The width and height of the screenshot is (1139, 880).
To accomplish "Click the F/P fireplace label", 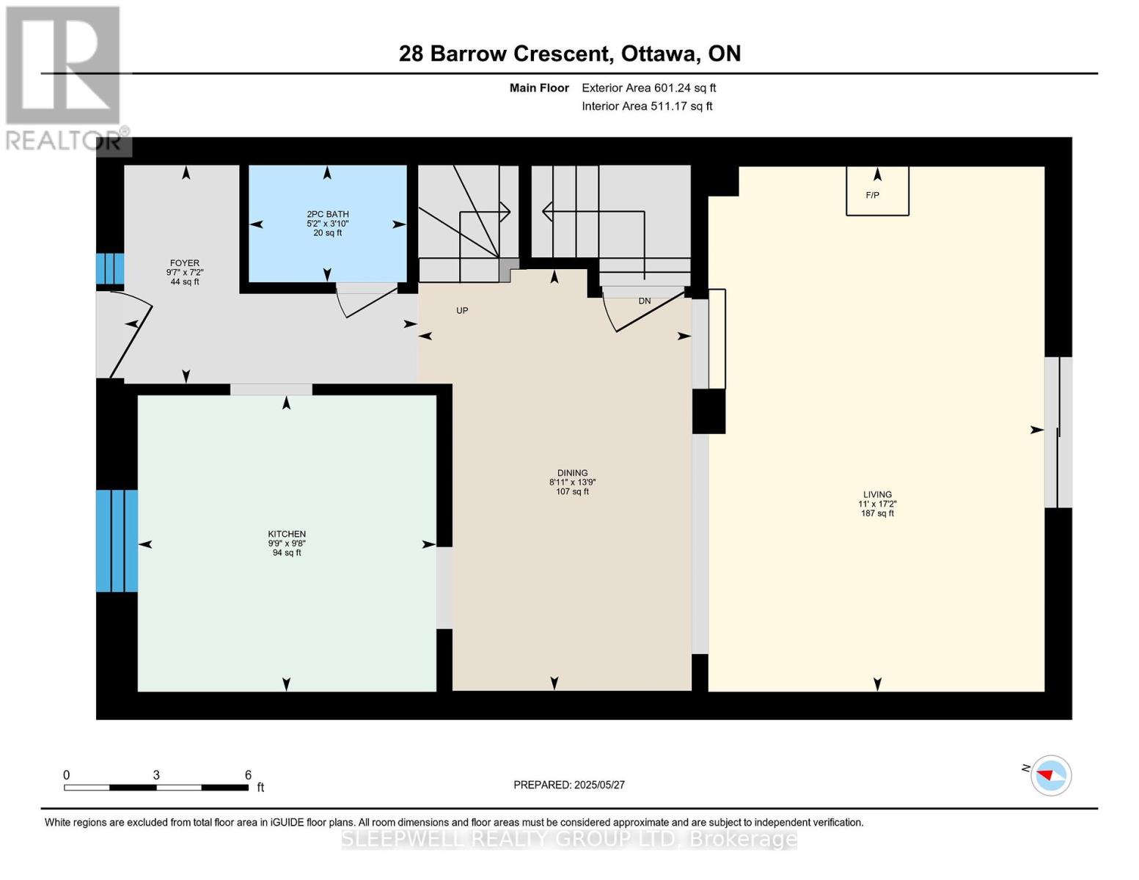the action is pyautogui.click(x=872, y=196).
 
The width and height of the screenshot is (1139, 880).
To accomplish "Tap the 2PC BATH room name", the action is pyautogui.click(x=328, y=214).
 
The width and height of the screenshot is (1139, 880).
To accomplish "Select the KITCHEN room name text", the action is pyautogui.click(x=287, y=534).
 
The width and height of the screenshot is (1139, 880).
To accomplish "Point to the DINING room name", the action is pyautogui.click(x=572, y=473).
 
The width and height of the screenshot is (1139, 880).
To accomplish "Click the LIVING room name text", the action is pyautogui.click(x=877, y=494).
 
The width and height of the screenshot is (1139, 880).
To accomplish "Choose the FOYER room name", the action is pyautogui.click(x=185, y=263).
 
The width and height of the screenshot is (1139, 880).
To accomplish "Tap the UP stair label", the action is pyautogui.click(x=462, y=310).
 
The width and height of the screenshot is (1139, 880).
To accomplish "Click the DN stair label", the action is pyautogui.click(x=645, y=301).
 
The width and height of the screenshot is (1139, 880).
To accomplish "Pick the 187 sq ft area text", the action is pyautogui.click(x=877, y=513).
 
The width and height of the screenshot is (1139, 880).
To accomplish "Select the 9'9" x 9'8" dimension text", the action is pyautogui.click(x=287, y=543).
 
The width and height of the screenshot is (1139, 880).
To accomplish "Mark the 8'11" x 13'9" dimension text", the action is pyautogui.click(x=572, y=483).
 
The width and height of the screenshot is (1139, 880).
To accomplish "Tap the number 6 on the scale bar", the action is pyautogui.click(x=248, y=774).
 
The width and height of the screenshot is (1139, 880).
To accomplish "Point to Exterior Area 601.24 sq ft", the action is pyautogui.click(x=649, y=87).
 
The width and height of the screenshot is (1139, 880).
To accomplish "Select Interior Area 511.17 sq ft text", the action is pyautogui.click(x=648, y=106).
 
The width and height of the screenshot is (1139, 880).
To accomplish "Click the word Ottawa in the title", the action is pyautogui.click(x=659, y=54).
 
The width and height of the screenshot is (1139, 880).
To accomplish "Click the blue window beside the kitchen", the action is pyautogui.click(x=117, y=541).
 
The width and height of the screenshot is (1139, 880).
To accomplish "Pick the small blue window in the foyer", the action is pyautogui.click(x=110, y=269).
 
